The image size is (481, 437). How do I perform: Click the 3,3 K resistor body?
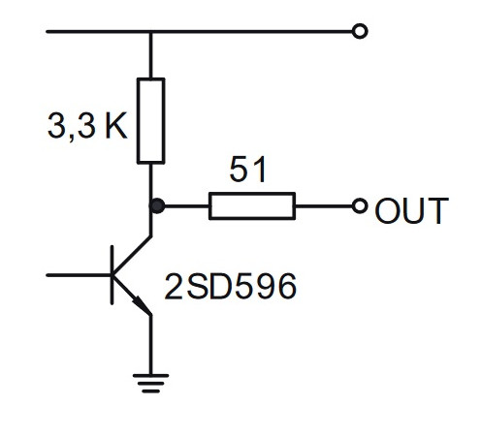151,121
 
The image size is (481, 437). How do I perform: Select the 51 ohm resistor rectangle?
252,205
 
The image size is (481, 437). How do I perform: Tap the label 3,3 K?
87,126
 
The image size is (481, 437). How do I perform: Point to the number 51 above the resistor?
248,170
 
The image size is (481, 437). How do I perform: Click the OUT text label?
411,210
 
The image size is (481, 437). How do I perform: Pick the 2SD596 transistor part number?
231,286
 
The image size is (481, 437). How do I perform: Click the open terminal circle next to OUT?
360,205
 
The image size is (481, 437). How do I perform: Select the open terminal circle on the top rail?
360,31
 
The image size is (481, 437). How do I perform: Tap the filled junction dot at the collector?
157,205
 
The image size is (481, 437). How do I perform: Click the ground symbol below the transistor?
150,383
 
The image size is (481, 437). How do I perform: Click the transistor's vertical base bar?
112,275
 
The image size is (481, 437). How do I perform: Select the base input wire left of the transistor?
79,275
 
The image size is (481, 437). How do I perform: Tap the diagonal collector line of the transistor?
132,256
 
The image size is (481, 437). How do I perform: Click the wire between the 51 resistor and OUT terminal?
324,205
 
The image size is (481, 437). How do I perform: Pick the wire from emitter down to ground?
150,344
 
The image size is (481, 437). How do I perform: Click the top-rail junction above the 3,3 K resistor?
150,32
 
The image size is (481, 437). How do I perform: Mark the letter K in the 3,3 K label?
116,126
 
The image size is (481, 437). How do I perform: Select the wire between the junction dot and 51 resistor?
187,205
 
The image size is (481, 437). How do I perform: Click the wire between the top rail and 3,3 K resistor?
150,55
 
